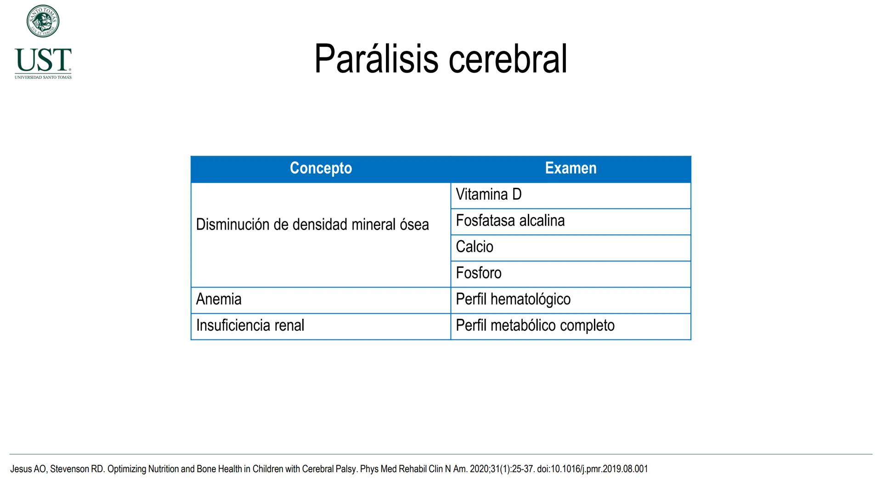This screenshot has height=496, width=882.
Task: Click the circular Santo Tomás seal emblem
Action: (x=43, y=21)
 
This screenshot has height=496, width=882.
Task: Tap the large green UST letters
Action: (x=43, y=60)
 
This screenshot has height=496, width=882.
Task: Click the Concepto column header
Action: (x=321, y=168)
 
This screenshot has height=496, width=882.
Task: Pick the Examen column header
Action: (x=571, y=168)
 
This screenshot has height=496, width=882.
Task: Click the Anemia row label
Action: (x=219, y=299)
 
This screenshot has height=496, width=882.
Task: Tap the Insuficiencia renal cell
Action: (x=250, y=326)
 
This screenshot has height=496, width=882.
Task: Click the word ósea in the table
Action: (x=414, y=225)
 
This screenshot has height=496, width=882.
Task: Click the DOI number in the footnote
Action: (x=592, y=469)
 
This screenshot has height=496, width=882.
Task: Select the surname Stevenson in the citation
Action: (x=69, y=469)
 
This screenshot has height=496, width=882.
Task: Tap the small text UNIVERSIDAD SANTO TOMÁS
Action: (x=43, y=77)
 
